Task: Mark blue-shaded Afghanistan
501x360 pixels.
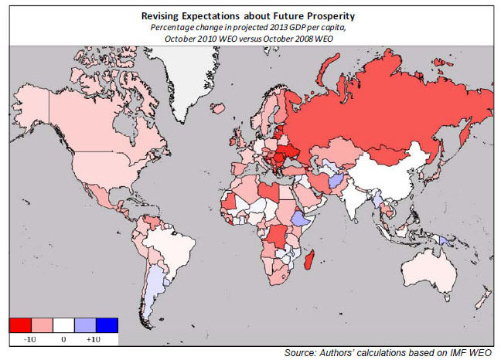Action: click(337, 180)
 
